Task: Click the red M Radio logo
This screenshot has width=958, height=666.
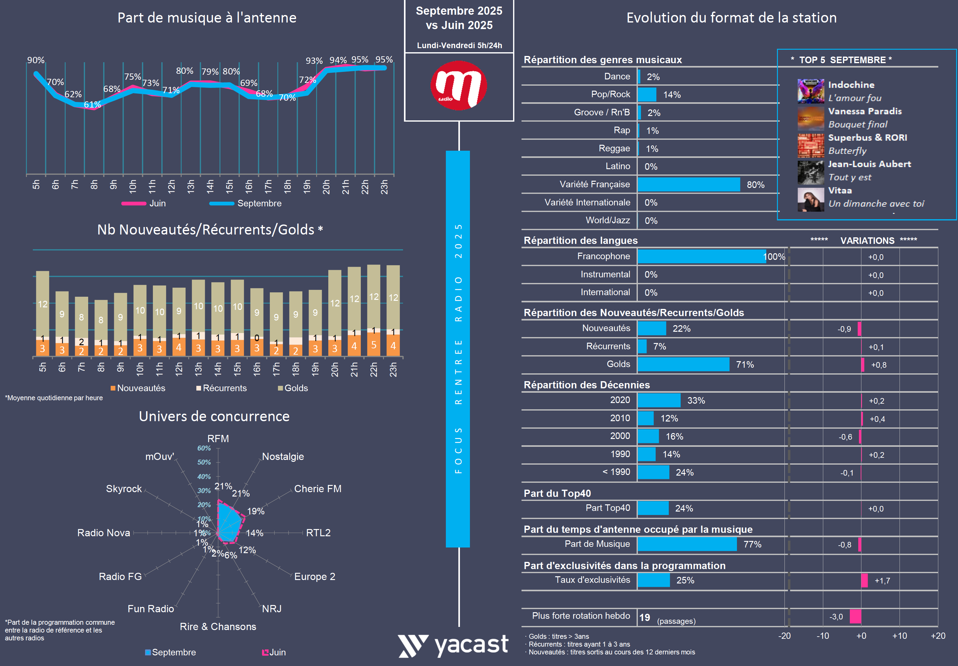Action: coord(459,86)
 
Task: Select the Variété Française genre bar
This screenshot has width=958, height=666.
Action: coord(688,184)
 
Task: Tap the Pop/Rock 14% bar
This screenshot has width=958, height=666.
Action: coord(647,95)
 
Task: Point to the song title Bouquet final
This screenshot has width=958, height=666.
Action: coord(857,124)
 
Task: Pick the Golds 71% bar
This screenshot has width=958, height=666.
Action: coord(683,364)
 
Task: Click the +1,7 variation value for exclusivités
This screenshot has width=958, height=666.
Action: coord(882,580)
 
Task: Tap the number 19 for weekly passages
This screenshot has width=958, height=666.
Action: coord(645,618)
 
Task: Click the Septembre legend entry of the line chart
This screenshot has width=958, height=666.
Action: coord(259,204)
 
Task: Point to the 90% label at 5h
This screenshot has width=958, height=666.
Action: coord(36,60)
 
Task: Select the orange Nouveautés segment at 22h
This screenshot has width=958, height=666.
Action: coord(373,345)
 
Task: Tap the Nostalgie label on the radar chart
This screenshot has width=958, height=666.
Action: coord(283,457)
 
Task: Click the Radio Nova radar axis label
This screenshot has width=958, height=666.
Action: coord(103,533)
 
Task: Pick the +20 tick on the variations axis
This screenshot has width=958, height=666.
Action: coord(938,636)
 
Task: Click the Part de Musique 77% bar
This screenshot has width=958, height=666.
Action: coord(687,544)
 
